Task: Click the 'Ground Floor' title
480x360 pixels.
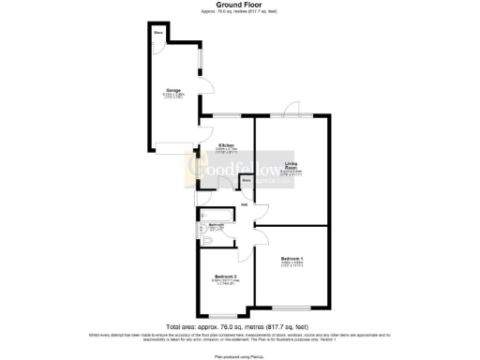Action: coord(239,5)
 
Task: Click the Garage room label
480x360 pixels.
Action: coord(173,91)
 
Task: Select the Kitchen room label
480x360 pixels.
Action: coord(226,146)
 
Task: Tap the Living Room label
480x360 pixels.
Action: coord(292,166)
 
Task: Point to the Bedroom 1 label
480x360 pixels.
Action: coord(292,258)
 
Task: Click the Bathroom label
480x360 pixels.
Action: coord(215,225)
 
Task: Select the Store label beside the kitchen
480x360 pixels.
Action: coord(247,178)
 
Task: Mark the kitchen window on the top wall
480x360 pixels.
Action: coord(226,116)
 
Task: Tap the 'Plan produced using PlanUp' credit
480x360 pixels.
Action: coord(239,356)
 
